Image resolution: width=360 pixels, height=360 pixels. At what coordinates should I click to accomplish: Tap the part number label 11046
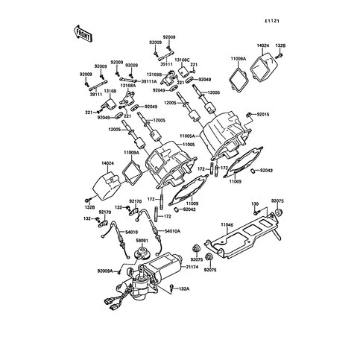(227, 224)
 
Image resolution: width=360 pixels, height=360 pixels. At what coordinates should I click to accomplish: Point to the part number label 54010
(131, 233)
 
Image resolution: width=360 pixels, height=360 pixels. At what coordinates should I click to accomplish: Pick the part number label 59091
(141, 241)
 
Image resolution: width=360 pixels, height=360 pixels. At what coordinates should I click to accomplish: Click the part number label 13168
(110, 91)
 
